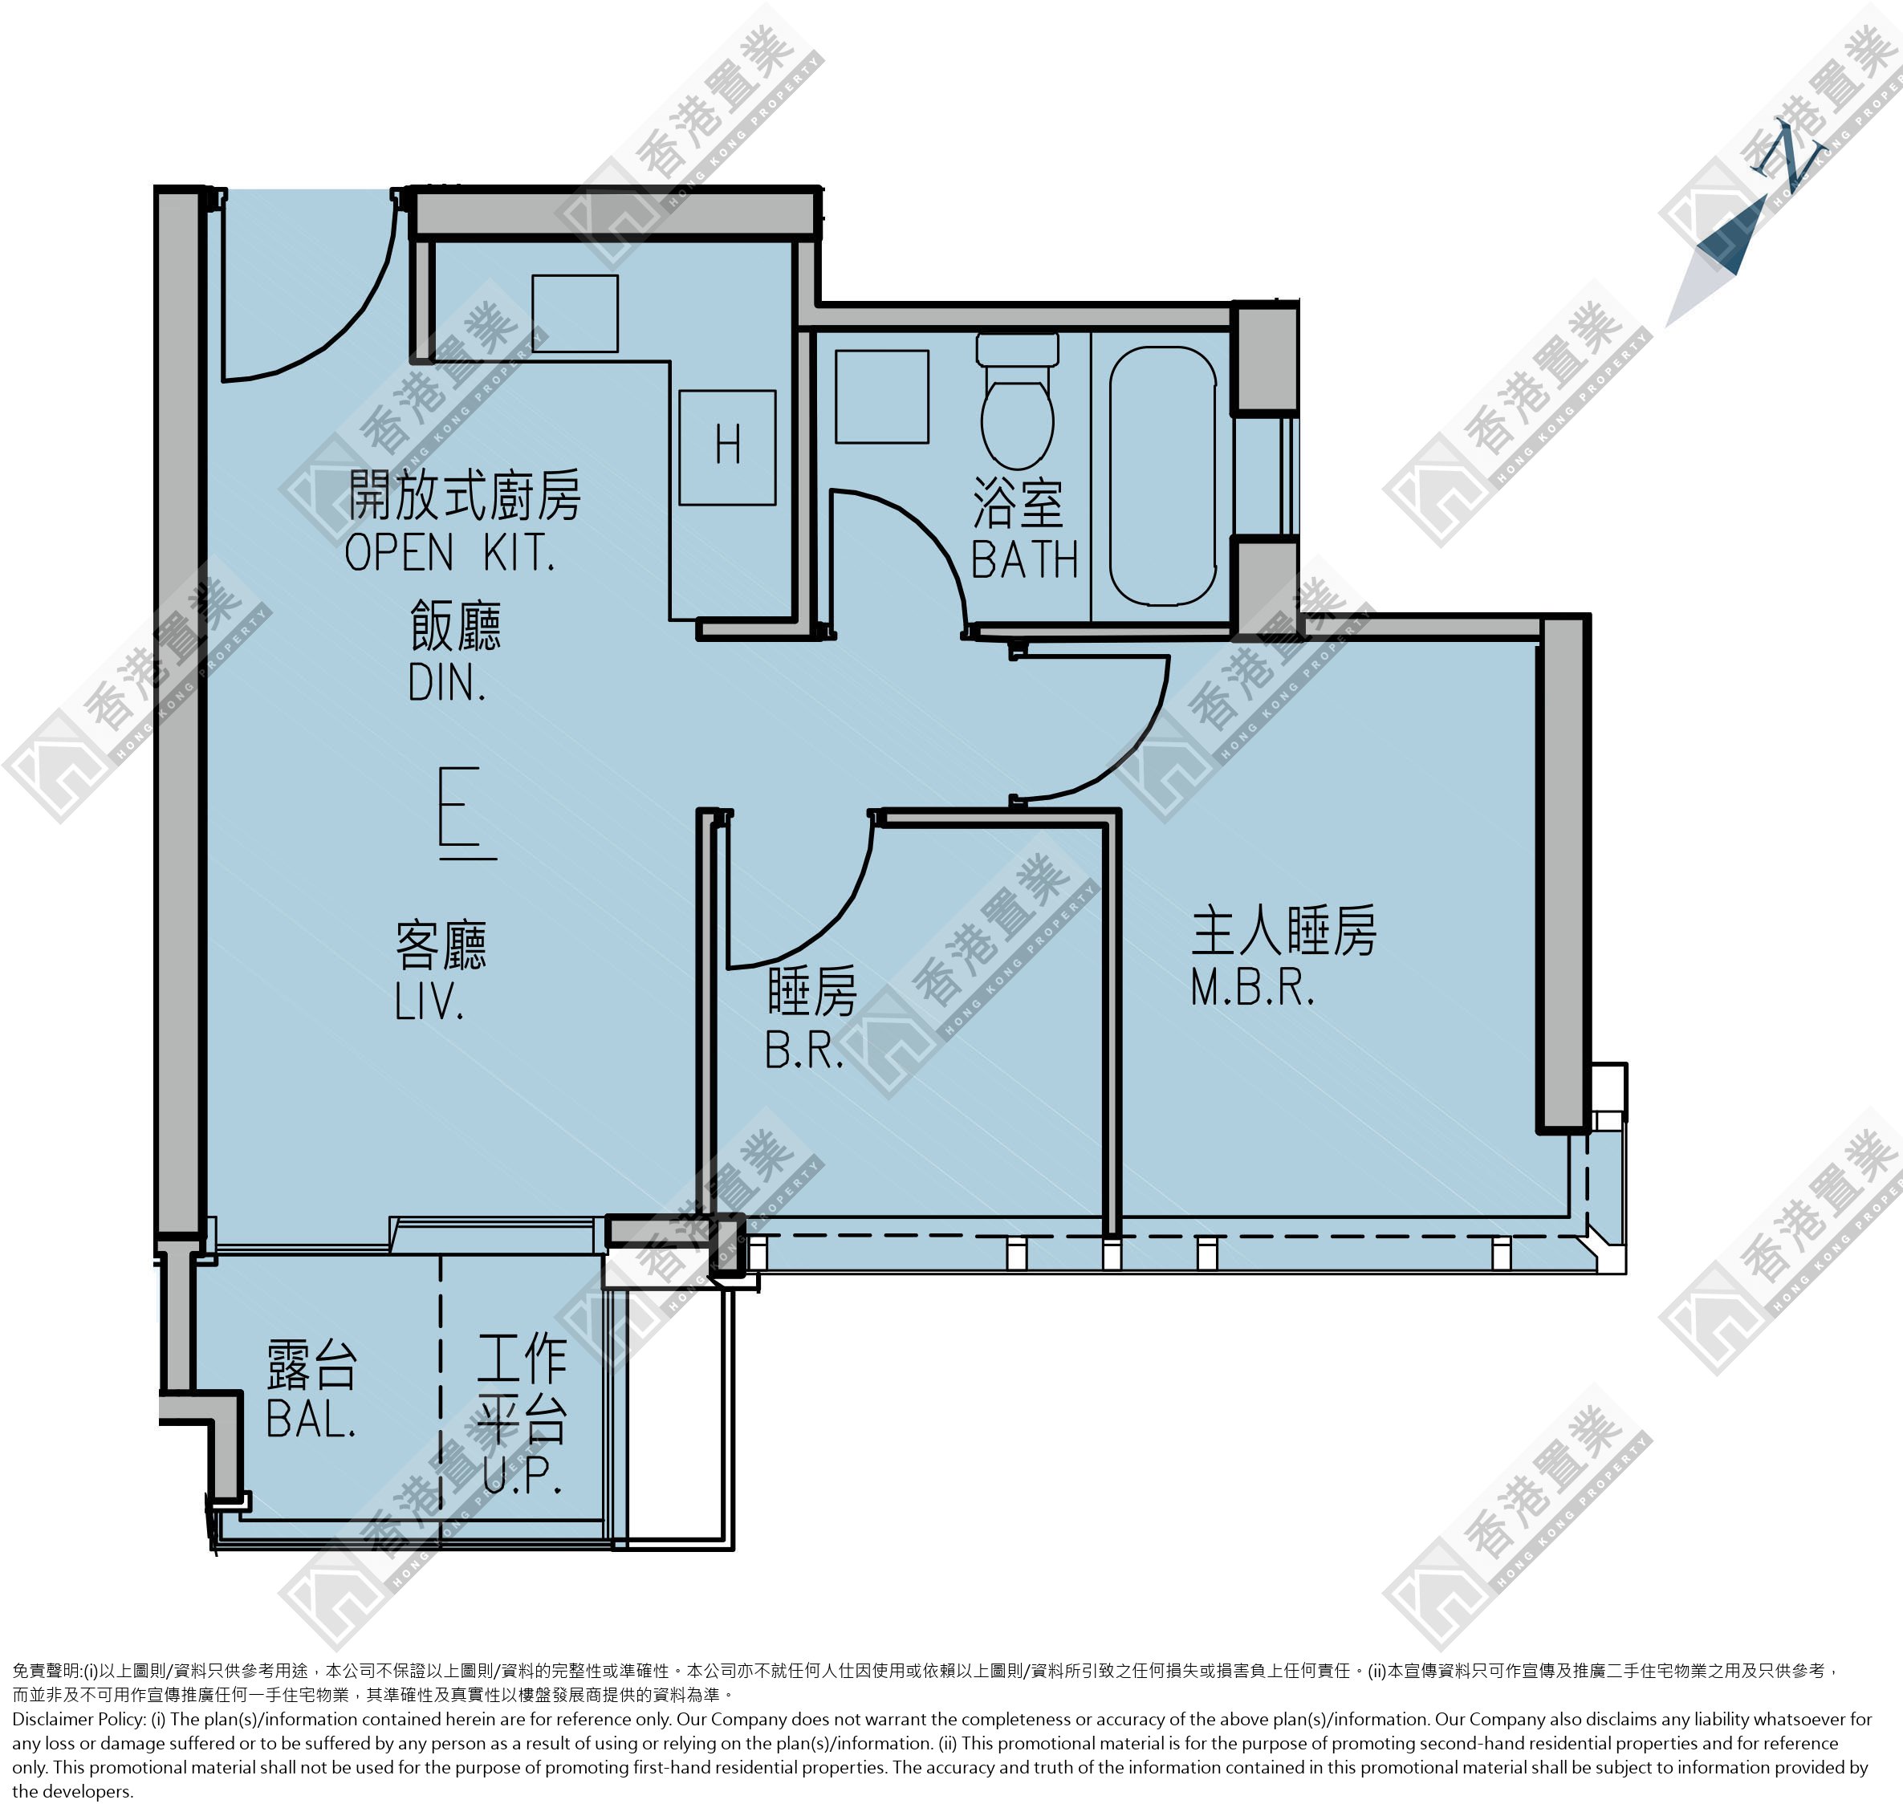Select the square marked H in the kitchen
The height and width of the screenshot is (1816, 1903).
point(727,447)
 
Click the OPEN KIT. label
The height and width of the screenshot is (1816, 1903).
point(450,553)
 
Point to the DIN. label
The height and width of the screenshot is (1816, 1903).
point(446,684)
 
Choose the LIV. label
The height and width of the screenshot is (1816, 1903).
point(429,1003)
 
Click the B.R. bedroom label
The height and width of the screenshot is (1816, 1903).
point(804,1050)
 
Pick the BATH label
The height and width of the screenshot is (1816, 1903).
point(1024,559)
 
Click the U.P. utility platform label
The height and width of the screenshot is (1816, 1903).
point(522,1475)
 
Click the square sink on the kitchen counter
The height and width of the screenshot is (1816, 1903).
point(574,314)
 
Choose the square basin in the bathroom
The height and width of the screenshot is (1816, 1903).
point(882,397)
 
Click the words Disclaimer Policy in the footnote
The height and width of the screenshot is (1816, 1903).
point(79,1719)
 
